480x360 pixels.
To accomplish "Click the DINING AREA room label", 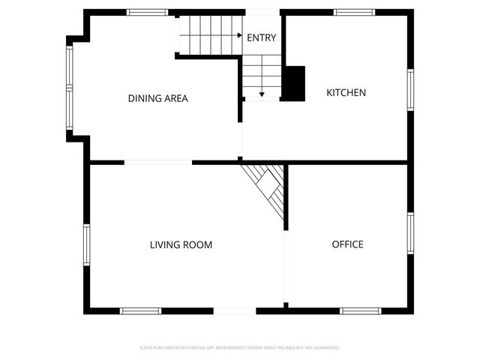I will click(157, 98).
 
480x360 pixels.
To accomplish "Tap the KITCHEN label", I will click(346, 93).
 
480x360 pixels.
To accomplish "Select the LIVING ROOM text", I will click(181, 244).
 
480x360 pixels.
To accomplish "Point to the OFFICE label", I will click(347, 244).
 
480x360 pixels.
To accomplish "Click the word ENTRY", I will click(261, 38).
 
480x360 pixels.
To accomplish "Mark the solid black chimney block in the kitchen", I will click(294, 82).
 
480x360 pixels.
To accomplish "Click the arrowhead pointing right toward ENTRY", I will click(238, 35).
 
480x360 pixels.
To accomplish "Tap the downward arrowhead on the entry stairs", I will click(262, 94).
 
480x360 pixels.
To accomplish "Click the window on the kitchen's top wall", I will click(354, 12).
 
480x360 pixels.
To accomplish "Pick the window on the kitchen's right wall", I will click(410, 89).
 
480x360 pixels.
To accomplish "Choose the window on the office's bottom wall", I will click(361, 310).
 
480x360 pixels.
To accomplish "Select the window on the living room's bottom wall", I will click(141, 310).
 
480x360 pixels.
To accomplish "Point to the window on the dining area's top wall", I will click(147, 12).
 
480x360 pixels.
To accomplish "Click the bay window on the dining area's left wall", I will click(70, 88).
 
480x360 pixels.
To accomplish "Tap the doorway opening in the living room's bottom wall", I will click(235, 310).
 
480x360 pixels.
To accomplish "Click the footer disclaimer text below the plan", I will click(240, 348).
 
